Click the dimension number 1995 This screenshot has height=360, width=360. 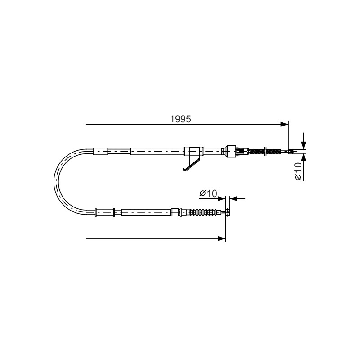coord(180,119)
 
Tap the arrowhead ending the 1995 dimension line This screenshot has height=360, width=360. coord(285,125)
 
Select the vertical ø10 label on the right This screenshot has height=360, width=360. coord(298,171)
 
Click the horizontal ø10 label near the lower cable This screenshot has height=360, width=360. coord(208,193)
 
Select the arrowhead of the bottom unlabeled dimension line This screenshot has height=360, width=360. coord(222,238)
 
